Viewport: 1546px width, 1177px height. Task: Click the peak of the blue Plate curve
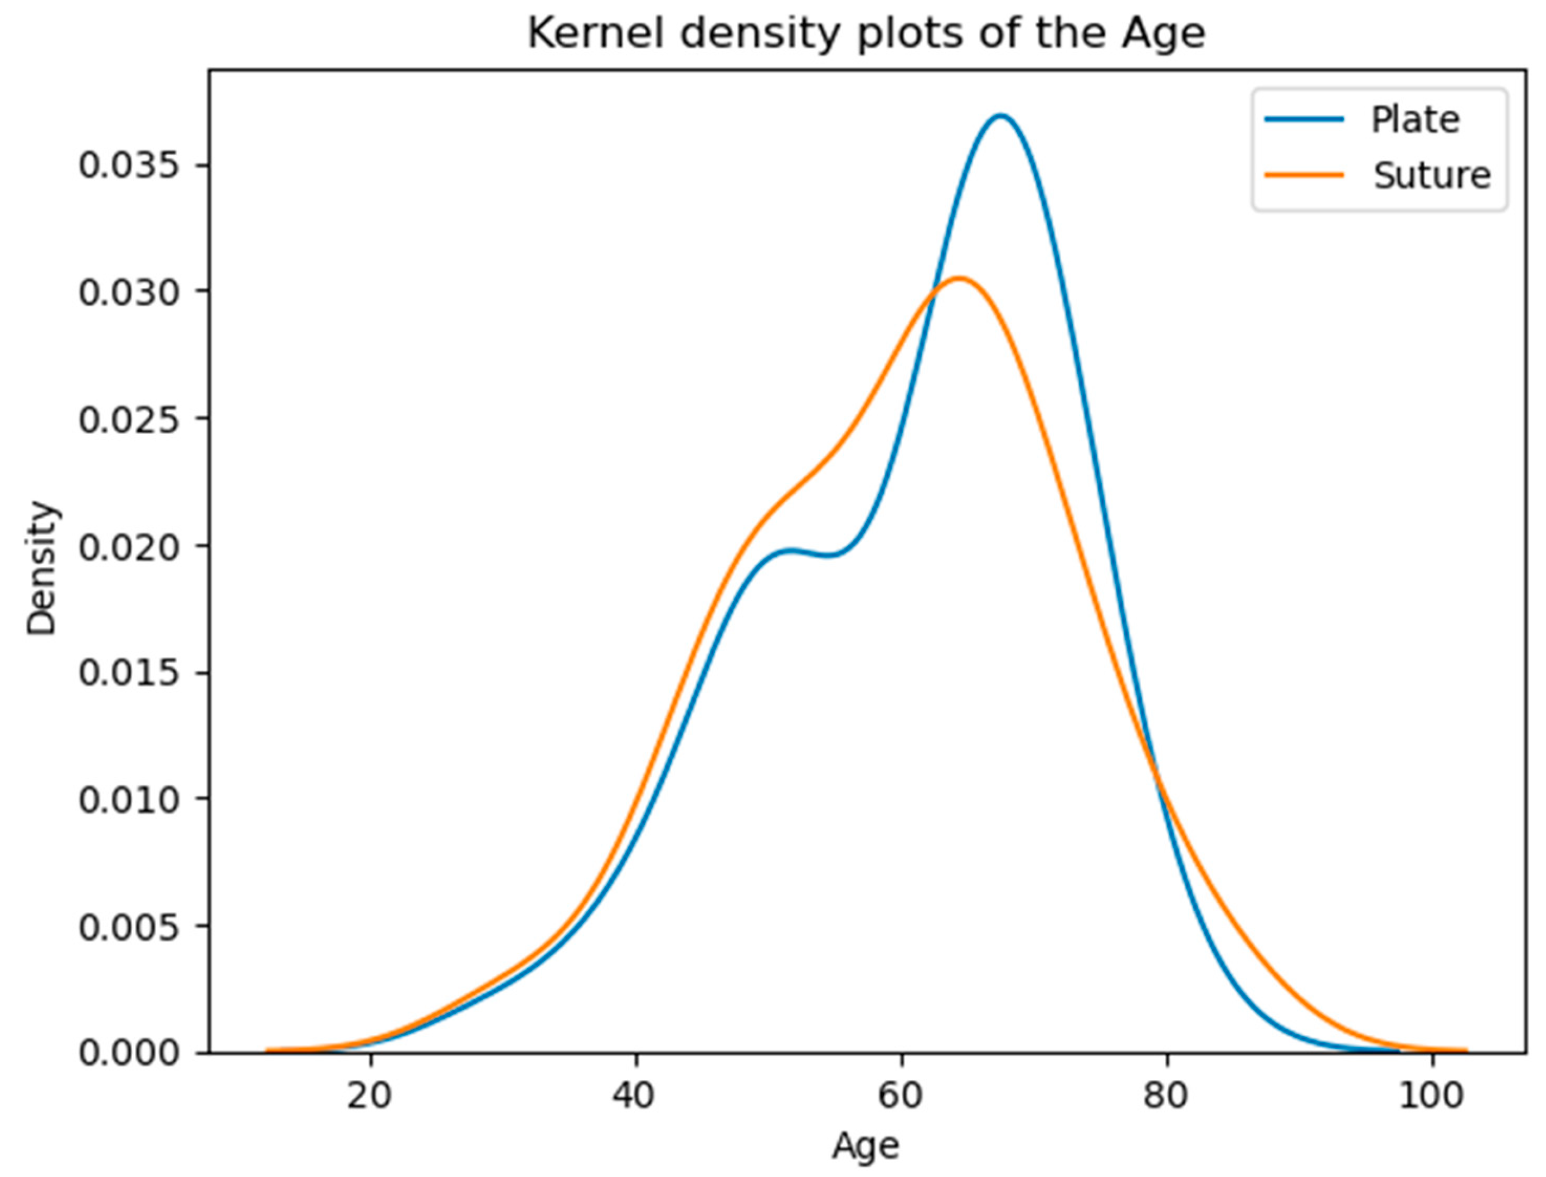tap(1001, 115)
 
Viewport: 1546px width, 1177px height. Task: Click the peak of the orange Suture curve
tap(960, 278)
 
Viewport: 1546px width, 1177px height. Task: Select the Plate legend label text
tap(1415, 120)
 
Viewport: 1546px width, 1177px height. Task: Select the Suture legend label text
tap(1432, 175)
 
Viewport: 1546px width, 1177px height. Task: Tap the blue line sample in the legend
tap(1304, 120)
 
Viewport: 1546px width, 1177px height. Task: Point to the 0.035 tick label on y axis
tap(127, 166)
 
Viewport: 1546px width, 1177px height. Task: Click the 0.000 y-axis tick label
tap(127, 1053)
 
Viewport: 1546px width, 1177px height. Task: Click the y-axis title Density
tap(42, 567)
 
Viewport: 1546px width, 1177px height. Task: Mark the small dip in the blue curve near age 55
tap(830, 556)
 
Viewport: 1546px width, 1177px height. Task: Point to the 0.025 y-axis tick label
tap(127, 420)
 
